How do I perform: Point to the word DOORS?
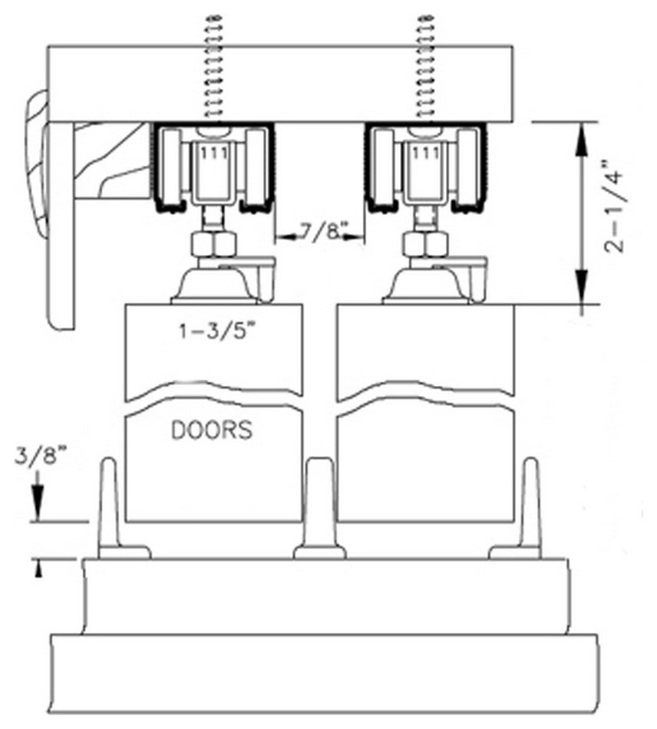coord(211,430)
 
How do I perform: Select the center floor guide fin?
coord(319,506)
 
